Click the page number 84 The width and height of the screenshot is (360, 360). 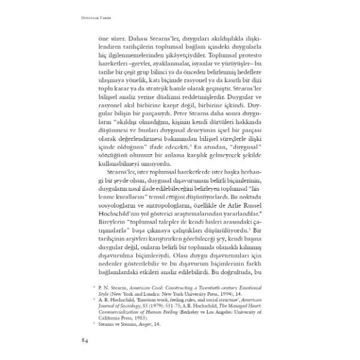pos(85,342)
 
